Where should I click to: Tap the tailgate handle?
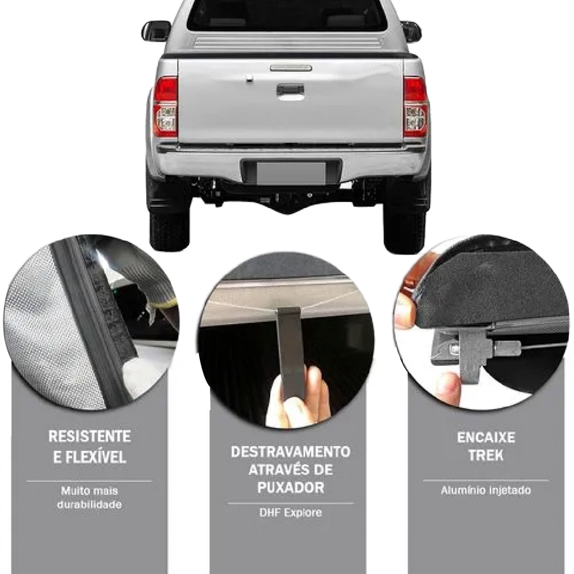[290, 89]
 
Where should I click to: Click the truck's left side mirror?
[156, 31]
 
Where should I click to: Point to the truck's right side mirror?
[411, 31]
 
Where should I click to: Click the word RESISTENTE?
[89, 436]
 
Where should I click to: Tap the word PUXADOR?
[290, 487]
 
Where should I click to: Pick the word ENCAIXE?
[486, 438]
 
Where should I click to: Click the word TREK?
[486, 455]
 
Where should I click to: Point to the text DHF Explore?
[290, 512]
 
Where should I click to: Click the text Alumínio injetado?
[486, 490]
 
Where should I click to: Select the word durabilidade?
[89, 505]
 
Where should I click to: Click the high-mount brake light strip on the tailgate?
[291, 68]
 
